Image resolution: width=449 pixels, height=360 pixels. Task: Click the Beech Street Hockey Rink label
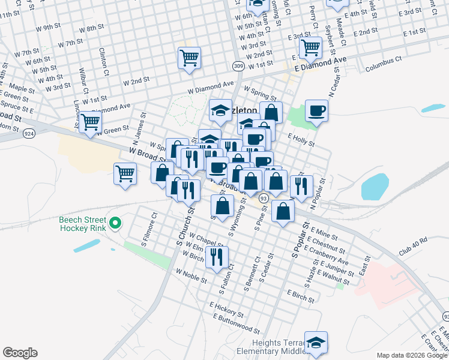[82, 224]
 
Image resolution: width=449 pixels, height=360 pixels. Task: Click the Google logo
[20, 353]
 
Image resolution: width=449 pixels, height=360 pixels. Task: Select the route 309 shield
[238, 65]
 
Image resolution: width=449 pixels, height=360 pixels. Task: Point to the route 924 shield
[29, 134]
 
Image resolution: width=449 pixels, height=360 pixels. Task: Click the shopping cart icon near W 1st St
[189, 58]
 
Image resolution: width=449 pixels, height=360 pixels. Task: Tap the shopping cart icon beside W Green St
[90, 122]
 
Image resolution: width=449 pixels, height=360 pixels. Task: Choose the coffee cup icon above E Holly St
[316, 110]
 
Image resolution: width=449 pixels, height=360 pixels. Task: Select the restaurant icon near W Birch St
[217, 256]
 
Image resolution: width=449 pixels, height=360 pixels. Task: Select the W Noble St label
[191, 275]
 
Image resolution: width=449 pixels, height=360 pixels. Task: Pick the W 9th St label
[48, 27]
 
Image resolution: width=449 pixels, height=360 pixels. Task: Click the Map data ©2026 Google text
[411, 355]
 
